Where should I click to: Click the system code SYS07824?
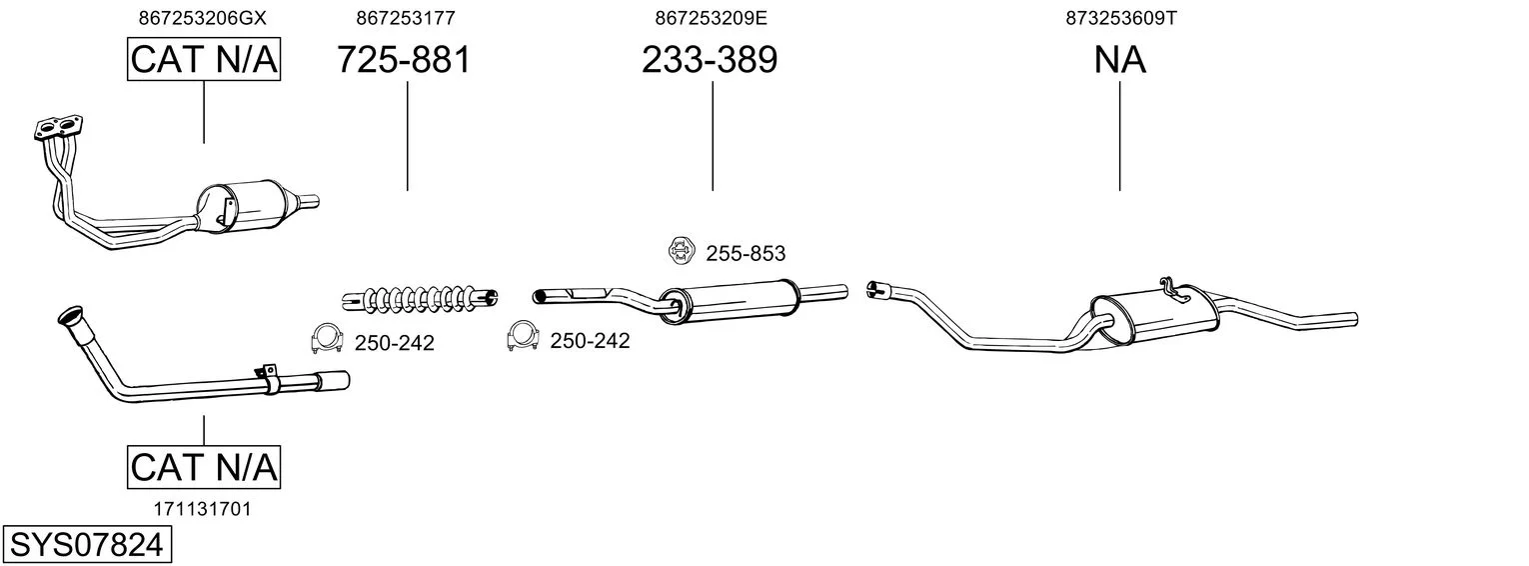86,545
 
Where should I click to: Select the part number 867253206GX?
203,18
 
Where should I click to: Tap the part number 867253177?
406,18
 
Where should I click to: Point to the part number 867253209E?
711,18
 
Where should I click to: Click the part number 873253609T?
1121,18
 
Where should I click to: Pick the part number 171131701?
203,509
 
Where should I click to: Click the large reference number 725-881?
404,59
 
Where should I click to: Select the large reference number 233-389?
710,59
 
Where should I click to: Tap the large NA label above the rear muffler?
1119,59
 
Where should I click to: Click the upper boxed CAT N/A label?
204,59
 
